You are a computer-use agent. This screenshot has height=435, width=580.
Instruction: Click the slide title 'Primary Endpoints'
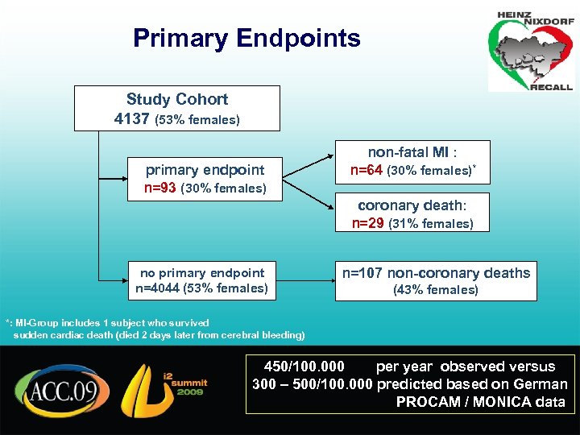[x=246, y=38]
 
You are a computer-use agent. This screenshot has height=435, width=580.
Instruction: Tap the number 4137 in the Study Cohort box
[x=132, y=119]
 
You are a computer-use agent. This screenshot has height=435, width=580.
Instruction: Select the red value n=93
[x=160, y=188]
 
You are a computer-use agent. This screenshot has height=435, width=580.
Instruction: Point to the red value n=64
[x=367, y=171]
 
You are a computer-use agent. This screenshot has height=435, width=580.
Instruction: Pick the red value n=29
[x=368, y=223]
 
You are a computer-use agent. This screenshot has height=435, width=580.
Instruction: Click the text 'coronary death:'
[x=412, y=205]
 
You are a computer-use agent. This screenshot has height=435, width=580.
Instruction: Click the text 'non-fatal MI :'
[x=412, y=152]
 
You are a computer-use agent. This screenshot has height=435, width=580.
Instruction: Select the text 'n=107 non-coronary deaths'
[x=436, y=272]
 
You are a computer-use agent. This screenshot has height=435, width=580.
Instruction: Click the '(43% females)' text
[x=435, y=290]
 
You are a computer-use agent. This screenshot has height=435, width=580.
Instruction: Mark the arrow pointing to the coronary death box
[x=309, y=199]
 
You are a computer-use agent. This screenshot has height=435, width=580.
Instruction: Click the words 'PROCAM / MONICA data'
[x=480, y=401]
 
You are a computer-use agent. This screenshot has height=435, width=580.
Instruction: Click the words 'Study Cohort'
[x=176, y=100]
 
